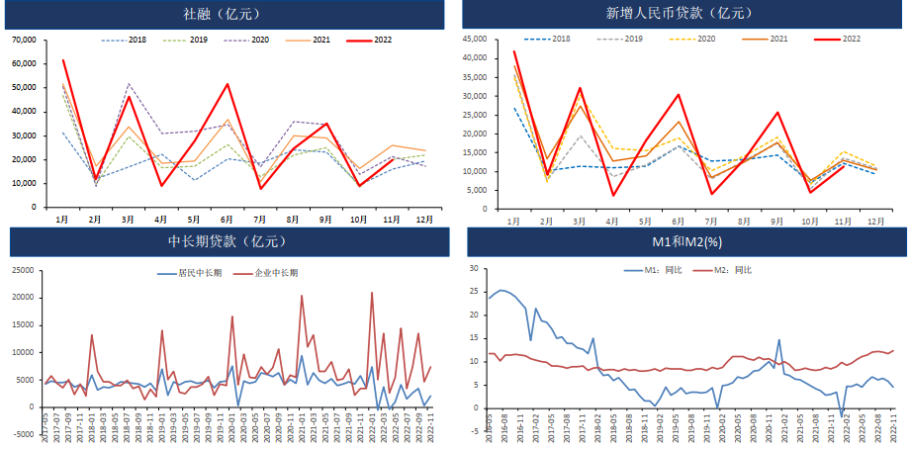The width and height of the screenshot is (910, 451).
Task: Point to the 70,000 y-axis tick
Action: pyautogui.click(x=23, y=40)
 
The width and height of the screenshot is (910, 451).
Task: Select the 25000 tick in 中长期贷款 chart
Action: pyautogui.click(x=24, y=270)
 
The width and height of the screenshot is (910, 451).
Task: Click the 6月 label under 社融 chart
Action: pyautogui.click(x=227, y=219)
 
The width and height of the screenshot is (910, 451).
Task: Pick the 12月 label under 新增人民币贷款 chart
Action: pyautogui.click(x=875, y=219)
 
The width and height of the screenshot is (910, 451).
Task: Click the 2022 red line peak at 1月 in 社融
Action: pyautogui.click(x=62, y=60)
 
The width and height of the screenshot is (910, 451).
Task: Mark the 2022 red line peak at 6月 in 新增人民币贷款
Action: pyautogui.click(x=679, y=95)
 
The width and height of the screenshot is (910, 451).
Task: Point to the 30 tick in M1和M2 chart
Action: pyautogui.click(x=475, y=268)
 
